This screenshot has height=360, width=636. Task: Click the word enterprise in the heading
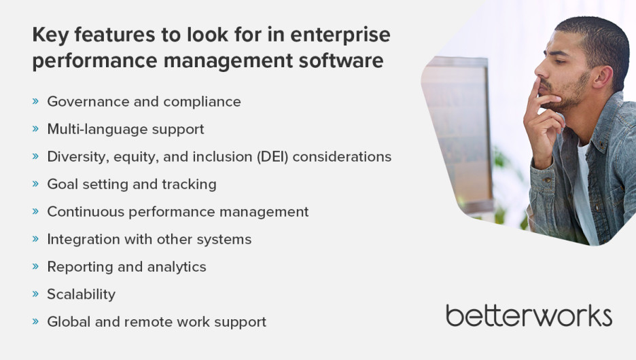(340, 35)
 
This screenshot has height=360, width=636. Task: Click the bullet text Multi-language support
(126, 129)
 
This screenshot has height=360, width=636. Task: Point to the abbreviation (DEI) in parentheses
(272, 157)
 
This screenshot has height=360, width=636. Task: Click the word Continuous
(86, 212)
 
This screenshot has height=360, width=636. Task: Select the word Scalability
(82, 294)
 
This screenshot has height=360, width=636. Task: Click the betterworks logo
(529, 316)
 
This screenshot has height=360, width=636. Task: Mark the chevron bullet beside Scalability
(36, 293)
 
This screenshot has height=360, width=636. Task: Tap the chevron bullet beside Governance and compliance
(36, 101)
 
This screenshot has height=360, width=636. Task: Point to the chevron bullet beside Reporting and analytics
(36, 266)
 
